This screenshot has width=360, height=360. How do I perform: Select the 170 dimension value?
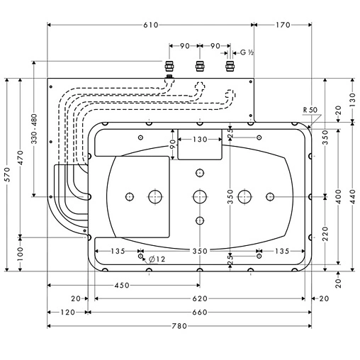(282, 25)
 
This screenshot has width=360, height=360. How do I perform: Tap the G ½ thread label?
(247, 52)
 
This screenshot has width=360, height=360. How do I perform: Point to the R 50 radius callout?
(309, 110)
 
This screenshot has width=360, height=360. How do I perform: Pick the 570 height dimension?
(7, 175)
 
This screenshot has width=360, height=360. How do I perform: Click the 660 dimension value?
(199, 313)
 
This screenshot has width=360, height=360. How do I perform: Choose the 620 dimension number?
(199, 298)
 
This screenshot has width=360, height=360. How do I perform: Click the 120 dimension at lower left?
(67, 313)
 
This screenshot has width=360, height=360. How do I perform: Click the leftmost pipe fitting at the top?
(169, 68)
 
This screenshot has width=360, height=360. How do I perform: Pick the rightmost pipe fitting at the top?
(229, 67)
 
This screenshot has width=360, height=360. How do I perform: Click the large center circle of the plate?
(199, 196)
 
